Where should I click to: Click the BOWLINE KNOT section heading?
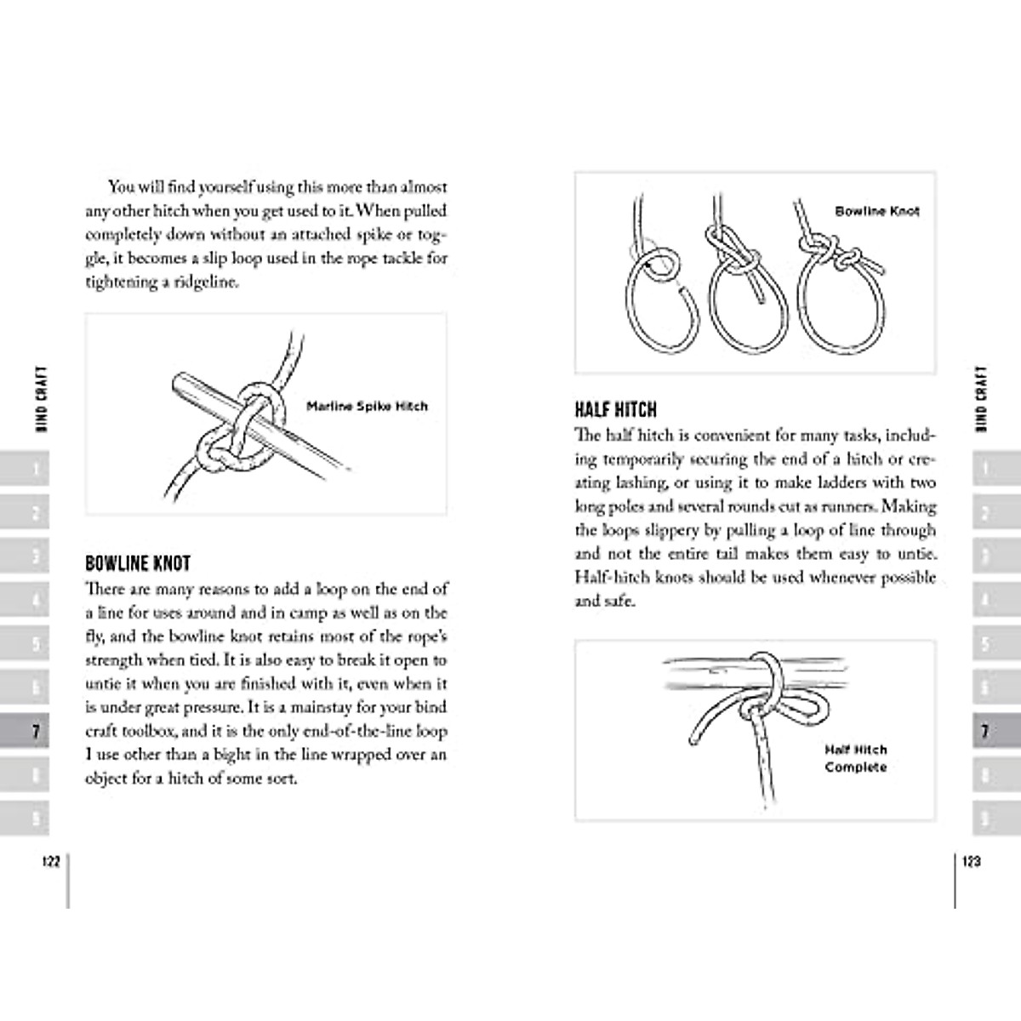[138, 563]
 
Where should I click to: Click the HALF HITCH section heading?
[615, 410]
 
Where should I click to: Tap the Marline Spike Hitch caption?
[367, 407]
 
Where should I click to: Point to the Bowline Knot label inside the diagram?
[876, 211]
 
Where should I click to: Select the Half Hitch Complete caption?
[855, 758]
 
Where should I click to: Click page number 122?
[50, 861]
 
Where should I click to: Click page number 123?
[971, 861]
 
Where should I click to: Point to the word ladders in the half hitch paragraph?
[807, 482]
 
